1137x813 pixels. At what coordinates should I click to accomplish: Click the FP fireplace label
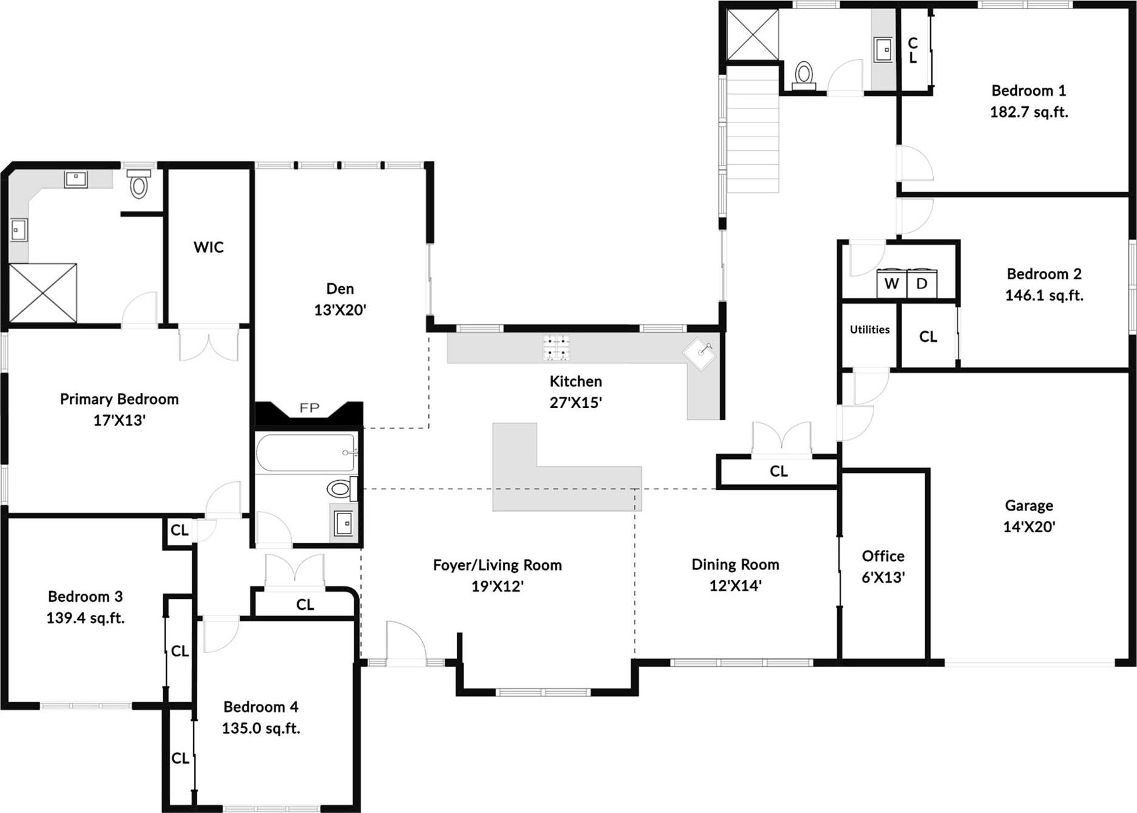[309, 408]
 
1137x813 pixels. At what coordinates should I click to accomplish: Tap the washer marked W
[891, 284]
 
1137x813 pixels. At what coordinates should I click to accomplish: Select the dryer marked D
[922, 284]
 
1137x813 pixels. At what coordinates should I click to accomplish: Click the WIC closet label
[209, 247]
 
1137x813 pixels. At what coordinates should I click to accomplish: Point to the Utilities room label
[869, 330]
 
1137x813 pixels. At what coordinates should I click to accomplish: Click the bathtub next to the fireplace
[305, 453]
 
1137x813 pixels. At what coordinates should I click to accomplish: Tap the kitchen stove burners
[556, 348]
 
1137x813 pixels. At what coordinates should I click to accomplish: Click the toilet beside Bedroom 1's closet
[804, 75]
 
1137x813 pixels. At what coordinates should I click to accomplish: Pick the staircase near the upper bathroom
[752, 130]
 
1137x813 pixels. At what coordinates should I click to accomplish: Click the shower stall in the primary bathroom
[43, 293]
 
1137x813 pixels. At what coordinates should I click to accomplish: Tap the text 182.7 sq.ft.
[1029, 112]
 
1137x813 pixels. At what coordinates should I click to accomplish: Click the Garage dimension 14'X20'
[1029, 527]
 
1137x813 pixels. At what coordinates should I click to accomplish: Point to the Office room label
[883, 556]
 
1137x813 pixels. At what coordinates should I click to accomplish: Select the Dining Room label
[735, 564]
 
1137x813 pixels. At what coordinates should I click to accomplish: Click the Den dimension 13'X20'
[340, 310]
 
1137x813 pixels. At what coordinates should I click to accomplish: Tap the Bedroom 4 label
[261, 707]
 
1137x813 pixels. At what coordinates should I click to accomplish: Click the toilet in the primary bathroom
[139, 185]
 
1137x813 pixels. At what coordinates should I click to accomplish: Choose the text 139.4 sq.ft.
[86, 618]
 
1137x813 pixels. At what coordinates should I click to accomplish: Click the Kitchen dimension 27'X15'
[576, 403]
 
